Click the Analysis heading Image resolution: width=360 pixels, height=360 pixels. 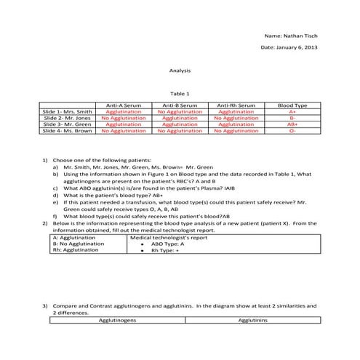pos(180,71)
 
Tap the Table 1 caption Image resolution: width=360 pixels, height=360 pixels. pos(180,94)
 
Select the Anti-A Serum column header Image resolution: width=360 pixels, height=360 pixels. pos(124,106)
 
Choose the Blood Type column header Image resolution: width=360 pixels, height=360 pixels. pos(292,106)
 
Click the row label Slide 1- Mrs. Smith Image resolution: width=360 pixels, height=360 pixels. pos(68,112)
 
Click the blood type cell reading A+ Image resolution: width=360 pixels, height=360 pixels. pos(292,112)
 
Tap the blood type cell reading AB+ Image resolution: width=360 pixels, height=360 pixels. pos(292,124)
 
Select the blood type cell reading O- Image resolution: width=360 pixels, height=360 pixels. pos(292,131)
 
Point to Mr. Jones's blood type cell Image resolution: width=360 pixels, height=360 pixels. pos(292,118)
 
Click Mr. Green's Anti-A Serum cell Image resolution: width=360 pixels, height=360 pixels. pos(124,124)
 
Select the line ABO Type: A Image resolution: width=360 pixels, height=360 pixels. pos(167,244)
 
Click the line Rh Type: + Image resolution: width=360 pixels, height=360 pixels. pos(165,250)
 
